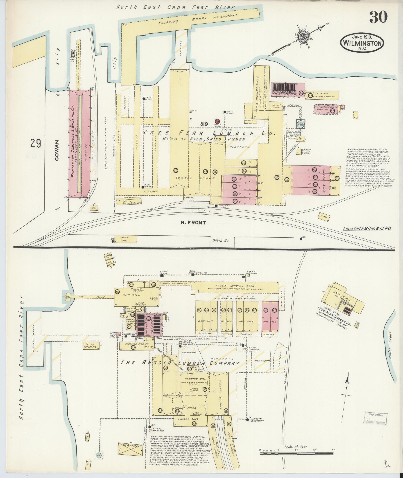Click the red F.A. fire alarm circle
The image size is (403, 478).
tap(217, 121)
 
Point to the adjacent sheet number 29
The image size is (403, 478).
tap(35, 144)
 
